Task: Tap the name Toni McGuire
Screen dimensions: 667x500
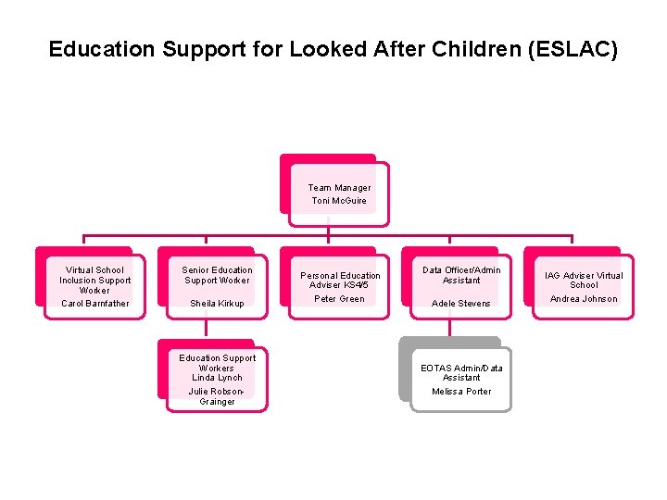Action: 339,201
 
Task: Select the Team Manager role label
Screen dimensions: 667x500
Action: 339,188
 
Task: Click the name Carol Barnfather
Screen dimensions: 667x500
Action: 95,304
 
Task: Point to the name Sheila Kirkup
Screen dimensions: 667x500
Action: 217,304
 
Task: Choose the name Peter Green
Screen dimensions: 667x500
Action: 339,299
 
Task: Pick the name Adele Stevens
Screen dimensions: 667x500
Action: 461,304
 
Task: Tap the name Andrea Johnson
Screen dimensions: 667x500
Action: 584,299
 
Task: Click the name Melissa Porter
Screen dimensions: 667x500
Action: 461,392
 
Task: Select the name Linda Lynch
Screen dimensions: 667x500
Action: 217,378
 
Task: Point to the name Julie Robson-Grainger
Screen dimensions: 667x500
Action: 217,396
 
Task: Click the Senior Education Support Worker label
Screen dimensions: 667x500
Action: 217,275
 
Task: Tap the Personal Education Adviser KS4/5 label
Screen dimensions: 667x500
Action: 340,280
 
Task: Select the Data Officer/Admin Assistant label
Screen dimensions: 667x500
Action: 461,275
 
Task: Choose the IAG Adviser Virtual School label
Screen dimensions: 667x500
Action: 584,280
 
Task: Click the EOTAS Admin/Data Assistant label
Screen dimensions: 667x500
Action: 461,372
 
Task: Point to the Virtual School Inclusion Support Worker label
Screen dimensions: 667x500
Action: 95,280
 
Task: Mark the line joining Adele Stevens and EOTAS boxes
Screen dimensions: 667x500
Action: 450,327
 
